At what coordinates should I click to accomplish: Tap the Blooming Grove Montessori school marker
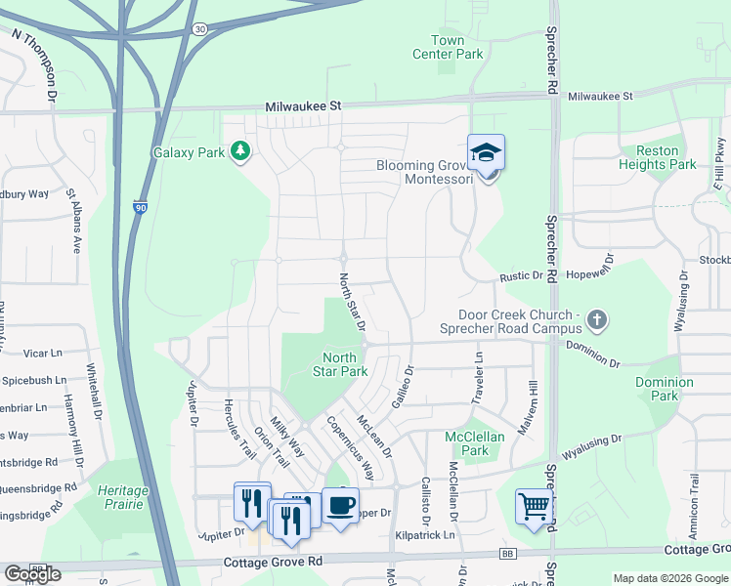coord(486,153)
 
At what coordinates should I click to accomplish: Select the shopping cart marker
coord(534,506)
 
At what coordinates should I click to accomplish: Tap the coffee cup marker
coord(340,505)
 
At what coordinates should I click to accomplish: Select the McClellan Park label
coord(474,443)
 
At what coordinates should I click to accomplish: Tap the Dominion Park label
coord(664,389)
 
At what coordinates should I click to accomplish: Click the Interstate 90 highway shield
coord(142,207)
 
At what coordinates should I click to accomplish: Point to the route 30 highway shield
coord(198,29)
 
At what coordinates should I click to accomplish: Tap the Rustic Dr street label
coord(523,276)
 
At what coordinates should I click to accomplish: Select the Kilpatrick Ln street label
coord(426,535)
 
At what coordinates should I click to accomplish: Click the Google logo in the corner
coord(32,574)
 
